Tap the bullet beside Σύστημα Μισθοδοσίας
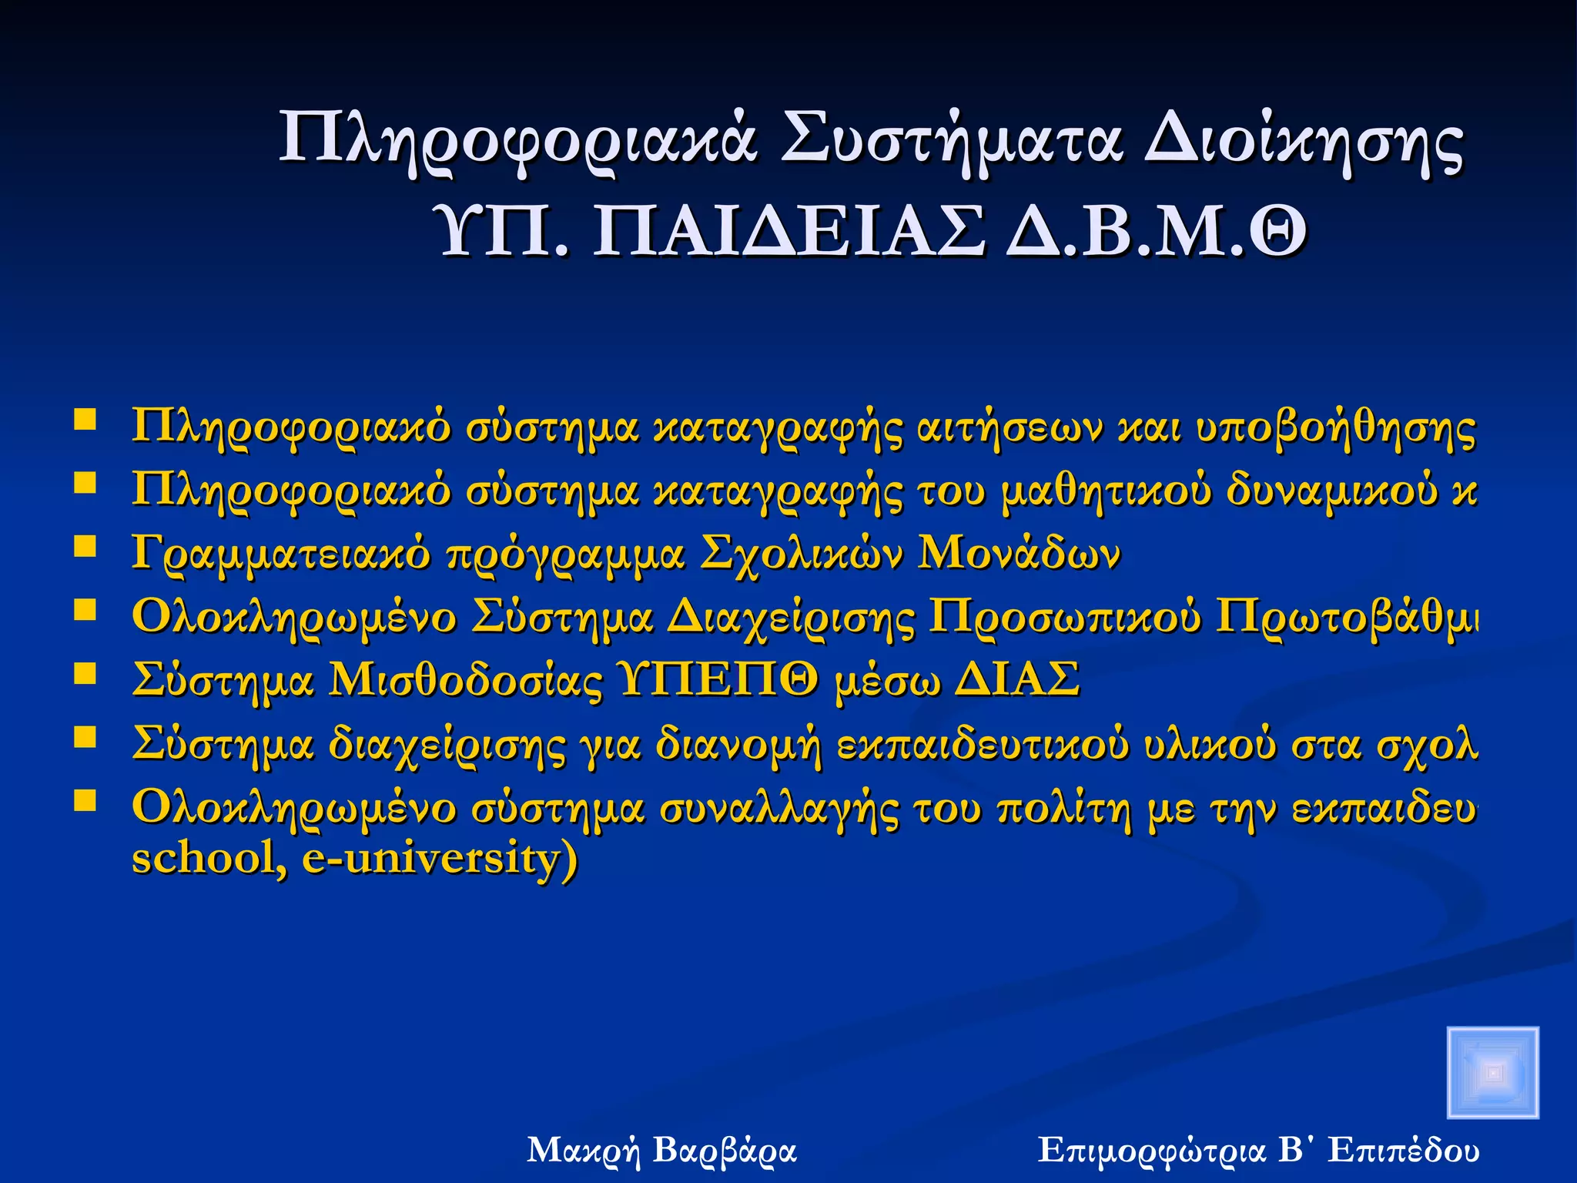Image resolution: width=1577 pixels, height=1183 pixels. [x=85, y=674]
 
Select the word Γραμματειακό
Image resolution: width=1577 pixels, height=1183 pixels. [x=281, y=555]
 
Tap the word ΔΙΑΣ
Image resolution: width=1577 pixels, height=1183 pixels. [x=1016, y=680]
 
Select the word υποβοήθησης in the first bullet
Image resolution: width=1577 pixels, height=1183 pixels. [x=1336, y=427]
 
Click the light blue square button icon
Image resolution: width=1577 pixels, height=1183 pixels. [x=1492, y=1072]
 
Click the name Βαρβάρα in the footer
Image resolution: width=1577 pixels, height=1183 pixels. [x=724, y=1151]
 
